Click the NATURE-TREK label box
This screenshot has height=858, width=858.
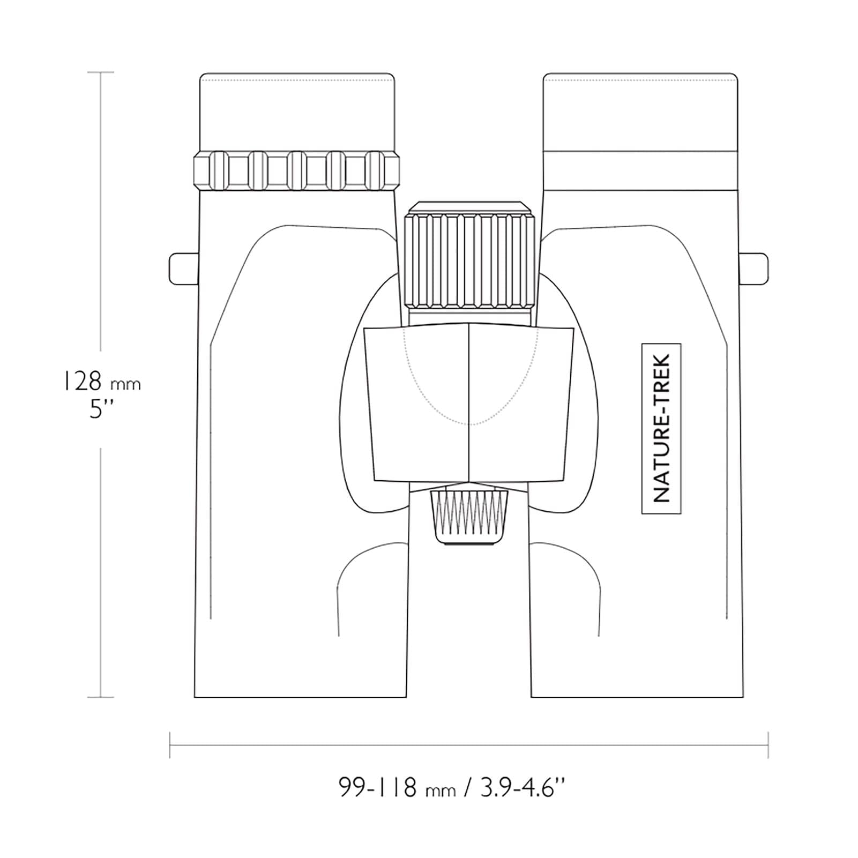[661, 429]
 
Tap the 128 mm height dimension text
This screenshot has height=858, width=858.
[100, 382]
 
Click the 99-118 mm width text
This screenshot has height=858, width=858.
[397, 787]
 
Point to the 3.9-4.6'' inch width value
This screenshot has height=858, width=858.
[523, 787]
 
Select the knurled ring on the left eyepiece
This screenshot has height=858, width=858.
[297, 170]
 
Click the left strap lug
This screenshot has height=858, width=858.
[184, 269]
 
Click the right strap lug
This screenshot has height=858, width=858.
[753, 269]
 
